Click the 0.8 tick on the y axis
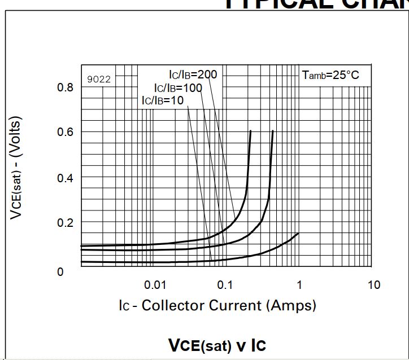click(65, 87)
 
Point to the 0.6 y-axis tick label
click(65, 132)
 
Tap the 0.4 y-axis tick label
click(65, 178)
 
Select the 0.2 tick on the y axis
click(65, 222)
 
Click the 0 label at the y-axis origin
click(60, 271)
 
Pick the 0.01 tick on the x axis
click(155, 284)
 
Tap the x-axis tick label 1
click(299, 284)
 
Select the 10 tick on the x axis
click(373, 284)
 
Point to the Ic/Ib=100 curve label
click(178, 88)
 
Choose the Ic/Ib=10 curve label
click(163, 100)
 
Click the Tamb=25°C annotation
click(330, 75)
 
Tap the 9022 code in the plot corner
click(99, 79)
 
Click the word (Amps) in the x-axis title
click(291, 305)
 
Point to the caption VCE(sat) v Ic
click(217, 345)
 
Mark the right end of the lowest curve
click(298, 233)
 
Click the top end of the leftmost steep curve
click(250, 131)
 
